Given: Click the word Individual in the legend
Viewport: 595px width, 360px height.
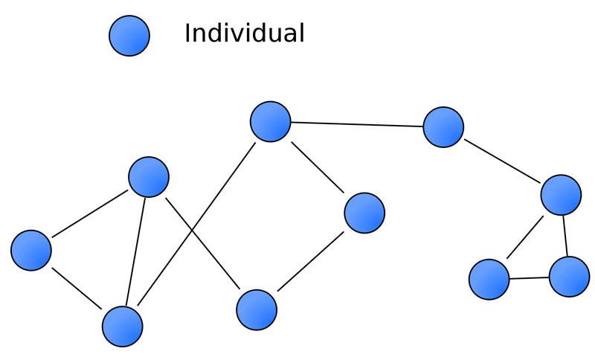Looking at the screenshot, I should point(244,33).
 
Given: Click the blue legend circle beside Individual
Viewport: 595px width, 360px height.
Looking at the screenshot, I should point(129,36).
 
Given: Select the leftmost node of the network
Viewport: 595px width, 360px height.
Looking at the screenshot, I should point(31,249).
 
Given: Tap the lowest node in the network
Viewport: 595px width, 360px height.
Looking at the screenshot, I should point(122,326).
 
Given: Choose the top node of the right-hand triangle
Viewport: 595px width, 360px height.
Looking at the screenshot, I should point(561,194).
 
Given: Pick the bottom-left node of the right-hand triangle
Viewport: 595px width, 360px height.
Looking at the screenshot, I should point(489,280).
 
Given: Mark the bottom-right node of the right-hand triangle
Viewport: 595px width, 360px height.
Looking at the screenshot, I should point(570,277).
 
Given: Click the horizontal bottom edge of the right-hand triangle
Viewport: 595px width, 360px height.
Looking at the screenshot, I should point(530,278).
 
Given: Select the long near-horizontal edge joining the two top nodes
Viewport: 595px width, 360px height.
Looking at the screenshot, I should point(357,124).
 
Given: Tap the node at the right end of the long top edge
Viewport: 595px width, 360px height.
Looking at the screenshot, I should point(443,127).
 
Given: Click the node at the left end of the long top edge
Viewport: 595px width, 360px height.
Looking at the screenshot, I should point(270,121).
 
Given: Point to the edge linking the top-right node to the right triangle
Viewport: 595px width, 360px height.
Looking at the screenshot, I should point(502,161).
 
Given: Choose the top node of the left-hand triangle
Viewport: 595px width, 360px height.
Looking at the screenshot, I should point(149,176).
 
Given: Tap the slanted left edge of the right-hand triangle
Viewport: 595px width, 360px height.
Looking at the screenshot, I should point(526,237).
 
